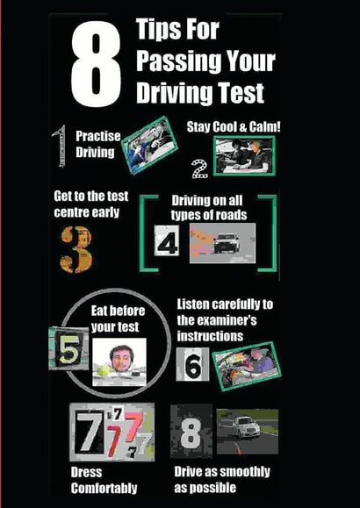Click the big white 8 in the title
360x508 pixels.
point(97,65)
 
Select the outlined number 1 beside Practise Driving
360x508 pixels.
point(60,147)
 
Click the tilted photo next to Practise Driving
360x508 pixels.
point(149,145)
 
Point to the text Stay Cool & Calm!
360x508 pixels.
point(234,126)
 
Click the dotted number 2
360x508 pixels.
point(200,168)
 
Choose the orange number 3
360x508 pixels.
point(76,249)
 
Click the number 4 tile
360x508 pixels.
point(167,240)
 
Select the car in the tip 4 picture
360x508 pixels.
point(227,243)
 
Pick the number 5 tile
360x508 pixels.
point(68,348)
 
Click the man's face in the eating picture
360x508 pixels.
point(121,358)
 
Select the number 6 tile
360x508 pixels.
point(192,364)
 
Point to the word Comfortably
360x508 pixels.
point(104,488)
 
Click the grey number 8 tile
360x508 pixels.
point(191,431)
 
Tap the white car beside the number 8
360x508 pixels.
point(247,427)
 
